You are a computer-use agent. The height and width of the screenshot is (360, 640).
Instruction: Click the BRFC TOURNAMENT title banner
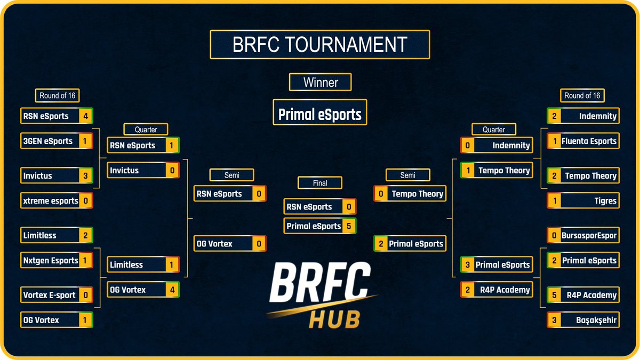point(320,44)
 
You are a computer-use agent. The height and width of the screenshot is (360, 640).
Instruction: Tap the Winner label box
point(321,83)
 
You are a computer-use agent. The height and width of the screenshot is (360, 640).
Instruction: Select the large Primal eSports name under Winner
point(320,114)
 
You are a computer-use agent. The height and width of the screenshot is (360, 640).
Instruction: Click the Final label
point(320,183)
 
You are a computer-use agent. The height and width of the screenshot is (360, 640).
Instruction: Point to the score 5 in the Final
point(349,226)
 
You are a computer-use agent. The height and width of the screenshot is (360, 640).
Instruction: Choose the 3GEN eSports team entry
point(48,141)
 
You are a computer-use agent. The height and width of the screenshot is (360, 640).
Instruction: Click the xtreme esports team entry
point(50,201)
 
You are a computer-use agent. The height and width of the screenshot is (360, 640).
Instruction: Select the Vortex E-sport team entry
point(49,295)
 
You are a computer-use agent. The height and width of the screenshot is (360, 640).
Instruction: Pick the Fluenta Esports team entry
point(589,141)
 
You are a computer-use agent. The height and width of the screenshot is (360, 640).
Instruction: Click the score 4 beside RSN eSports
point(85,116)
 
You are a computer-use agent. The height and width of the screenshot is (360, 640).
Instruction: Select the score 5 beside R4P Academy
point(554,295)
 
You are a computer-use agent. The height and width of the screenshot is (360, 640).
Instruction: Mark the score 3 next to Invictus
point(85,175)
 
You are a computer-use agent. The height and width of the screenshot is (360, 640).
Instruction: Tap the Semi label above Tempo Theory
point(407,175)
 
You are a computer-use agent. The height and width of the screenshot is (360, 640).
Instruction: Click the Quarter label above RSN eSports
point(146,129)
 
